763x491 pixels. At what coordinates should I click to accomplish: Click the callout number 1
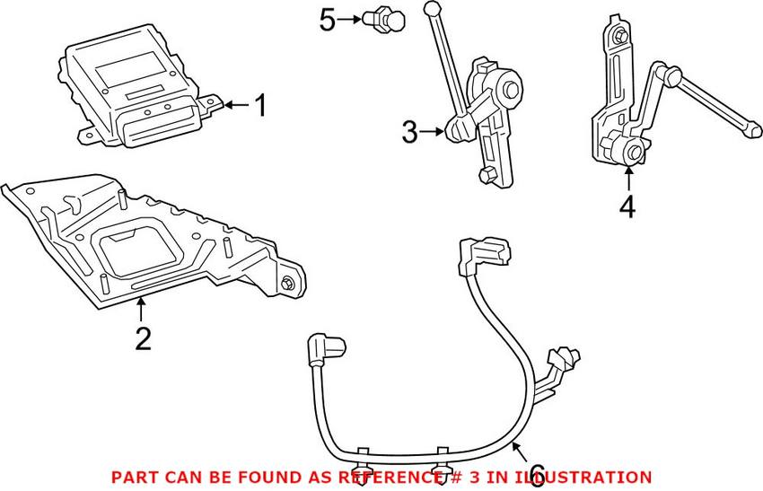click(x=259, y=107)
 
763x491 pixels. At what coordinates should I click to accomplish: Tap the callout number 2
click(x=142, y=339)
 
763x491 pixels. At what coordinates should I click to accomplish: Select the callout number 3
click(x=410, y=134)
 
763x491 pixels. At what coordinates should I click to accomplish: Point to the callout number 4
click(x=627, y=206)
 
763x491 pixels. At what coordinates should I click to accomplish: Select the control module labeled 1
click(x=135, y=90)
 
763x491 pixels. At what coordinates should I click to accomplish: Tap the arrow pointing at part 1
click(x=235, y=106)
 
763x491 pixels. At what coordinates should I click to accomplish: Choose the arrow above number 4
click(x=627, y=177)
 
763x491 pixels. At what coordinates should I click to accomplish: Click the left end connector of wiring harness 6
click(x=320, y=348)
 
